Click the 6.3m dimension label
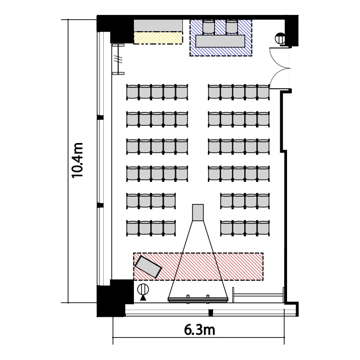(199, 330)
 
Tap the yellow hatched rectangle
(158, 38)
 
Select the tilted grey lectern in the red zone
(148, 267)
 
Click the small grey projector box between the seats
(198, 213)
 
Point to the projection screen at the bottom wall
(198, 300)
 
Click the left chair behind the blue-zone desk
(209, 27)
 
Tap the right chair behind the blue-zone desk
(232, 27)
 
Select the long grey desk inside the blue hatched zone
(220, 41)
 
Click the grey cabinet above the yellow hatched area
(158, 25)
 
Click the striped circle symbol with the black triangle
(143, 292)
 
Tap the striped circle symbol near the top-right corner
(280, 38)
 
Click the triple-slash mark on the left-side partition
(119, 59)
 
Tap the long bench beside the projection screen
(258, 295)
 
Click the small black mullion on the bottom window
(211, 312)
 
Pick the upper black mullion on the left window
(100, 118)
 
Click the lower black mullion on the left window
(100, 205)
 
